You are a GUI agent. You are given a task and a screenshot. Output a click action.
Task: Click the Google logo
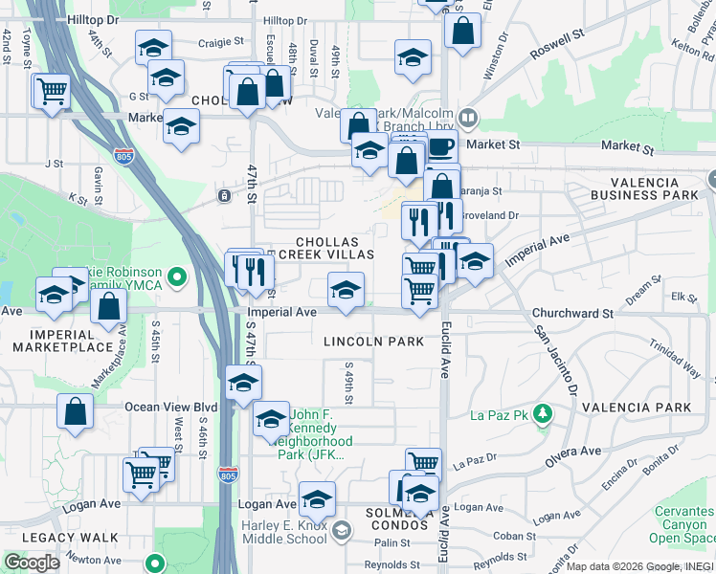point(33,562)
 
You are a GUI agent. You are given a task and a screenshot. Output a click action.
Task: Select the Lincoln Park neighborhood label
point(373,342)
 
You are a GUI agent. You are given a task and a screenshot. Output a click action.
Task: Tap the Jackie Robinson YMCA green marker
point(175,278)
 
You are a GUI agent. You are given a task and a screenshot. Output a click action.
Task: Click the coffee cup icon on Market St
point(441,148)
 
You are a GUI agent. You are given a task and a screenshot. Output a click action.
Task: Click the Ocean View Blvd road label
point(171,407)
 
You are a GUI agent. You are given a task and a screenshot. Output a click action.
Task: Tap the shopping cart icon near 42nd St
point(53,92)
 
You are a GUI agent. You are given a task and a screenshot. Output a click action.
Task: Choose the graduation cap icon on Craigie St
point(153,46)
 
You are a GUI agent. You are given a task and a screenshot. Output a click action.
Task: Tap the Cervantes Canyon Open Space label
point(683,524)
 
